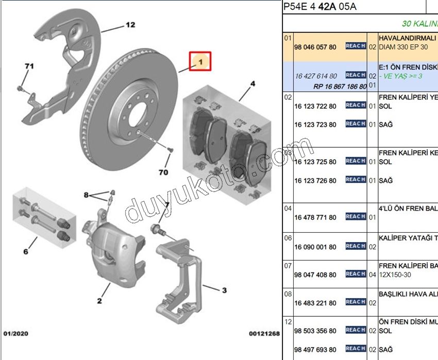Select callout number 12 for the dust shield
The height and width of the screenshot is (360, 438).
[130, 25]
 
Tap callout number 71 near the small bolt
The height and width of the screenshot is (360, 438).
[29, 66]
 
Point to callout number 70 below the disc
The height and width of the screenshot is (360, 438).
[163, 172]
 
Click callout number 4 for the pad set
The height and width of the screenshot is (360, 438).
[252, 83]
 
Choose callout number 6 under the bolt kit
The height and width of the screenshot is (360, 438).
[25, 252]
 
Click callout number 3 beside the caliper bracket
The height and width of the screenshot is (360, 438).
[224, 290]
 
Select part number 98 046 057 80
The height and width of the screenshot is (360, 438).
[315, 47]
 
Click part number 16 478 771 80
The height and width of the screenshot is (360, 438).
[315, 218]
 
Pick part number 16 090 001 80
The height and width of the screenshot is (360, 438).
[315, 247]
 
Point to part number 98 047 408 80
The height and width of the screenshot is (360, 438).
[315, 275]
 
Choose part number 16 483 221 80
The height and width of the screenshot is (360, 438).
[315, 303]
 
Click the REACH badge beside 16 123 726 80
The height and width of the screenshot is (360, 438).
[356, 180]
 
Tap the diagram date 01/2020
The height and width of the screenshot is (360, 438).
[16, 334]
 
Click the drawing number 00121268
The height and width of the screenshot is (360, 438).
[264, 334]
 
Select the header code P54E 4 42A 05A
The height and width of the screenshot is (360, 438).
[320, 7]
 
